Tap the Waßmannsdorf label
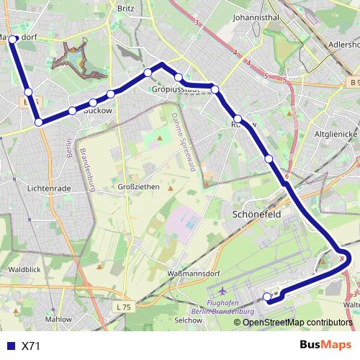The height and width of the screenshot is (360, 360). (x=172, y=274)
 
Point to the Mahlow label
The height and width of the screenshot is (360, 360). (x=58, y=318)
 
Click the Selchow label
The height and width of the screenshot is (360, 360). (x=188, y=319)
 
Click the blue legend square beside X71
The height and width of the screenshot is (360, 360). (x=12, y=346)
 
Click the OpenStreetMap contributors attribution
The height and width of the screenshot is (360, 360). (x=297, y=322)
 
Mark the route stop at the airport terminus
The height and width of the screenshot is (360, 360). (x=266, y=297)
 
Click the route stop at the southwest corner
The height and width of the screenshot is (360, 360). (x=38, y=122)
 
